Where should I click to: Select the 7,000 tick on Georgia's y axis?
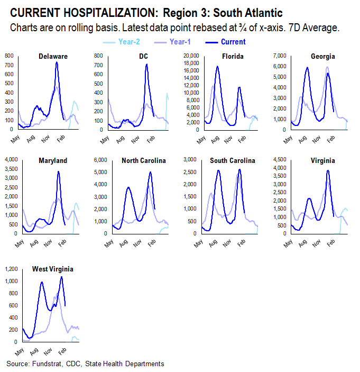279,56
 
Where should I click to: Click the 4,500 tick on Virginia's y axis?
279,159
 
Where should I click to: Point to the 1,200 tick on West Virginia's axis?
11,269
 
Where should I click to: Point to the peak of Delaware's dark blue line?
57,62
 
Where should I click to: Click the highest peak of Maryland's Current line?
58,171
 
